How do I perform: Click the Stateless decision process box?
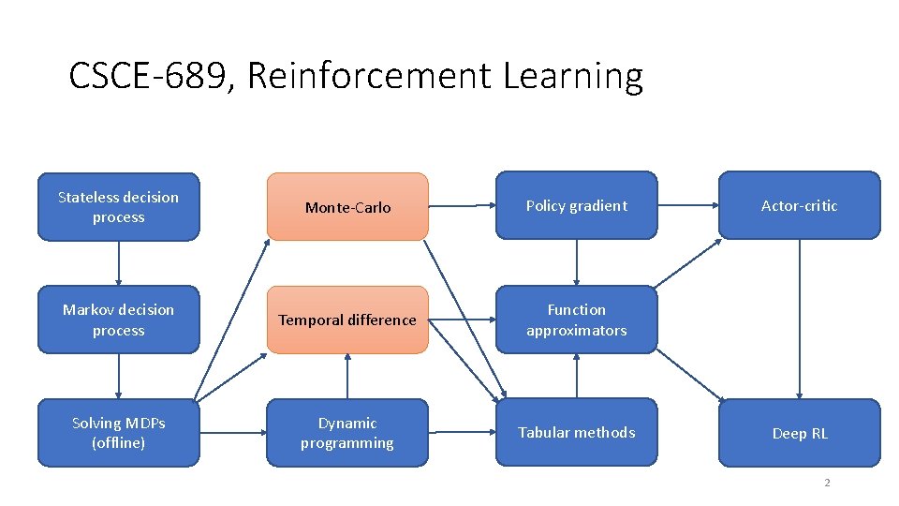pyautogui.click(x=118, y=207)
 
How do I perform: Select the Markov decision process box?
pyautogui.click(x=118, y=320)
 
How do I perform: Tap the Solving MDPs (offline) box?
pyautogui.click(x=118, y=433)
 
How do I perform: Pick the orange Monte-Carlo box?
pyautogui.click(x=347, y=207)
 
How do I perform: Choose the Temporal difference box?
pyautogui.click(x=347, y=320)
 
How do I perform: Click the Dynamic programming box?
pyautogui.click(x=347, y=433)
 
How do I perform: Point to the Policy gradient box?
pyautogui.click(x=576, y=205)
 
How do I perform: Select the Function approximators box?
pyautogui.click(x=576, y=320)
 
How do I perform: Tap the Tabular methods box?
pyautogui.click(x=576, y=432)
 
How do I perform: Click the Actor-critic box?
pyautogui.click(x=799, y=205)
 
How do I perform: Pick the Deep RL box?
pyautogui.click(x=799, y=433)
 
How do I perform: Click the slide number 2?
pyautogui.click(x=827, y=483)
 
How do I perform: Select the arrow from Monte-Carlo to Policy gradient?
pyautogui.click(x=462, y=206)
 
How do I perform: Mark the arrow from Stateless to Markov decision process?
pyautogui.click(x=119, y=263)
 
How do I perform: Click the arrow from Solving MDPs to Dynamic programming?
pyautogui.click(x=233, y=433)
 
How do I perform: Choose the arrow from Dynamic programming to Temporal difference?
pyautogui.click(x=347, y=377)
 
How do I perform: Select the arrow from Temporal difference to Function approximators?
pyautogui.click(x=462, y=320)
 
